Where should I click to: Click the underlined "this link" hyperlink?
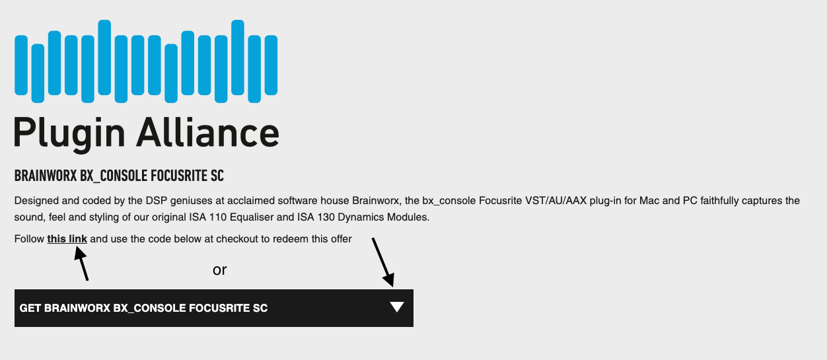(x=67, y=239)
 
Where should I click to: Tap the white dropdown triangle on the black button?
(x=397, y=307)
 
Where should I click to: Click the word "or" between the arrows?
(x=220, y=270)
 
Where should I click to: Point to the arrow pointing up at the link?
(x=81, y=264)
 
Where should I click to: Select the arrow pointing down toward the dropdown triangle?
(x=383, y=262)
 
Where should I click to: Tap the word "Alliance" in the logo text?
(x=208, y=132)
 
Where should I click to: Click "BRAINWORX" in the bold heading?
(x=46, y=176)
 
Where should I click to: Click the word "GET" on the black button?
(x=30, y=308)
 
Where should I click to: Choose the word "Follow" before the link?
(x=29, y=239)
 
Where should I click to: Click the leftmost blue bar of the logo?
(x=21, y=65)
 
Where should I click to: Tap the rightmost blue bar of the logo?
(x=271, y=65)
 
